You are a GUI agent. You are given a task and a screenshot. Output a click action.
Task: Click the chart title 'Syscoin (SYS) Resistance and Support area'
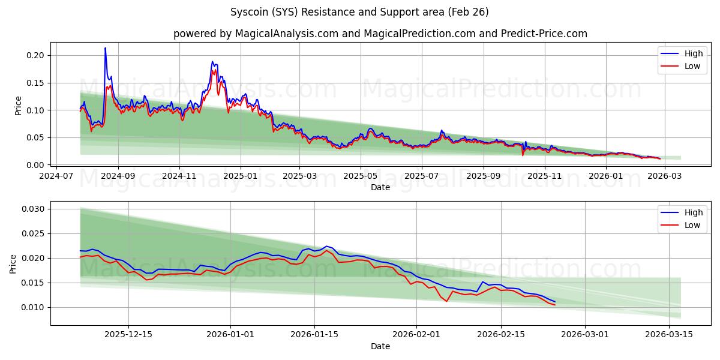pos(359,12)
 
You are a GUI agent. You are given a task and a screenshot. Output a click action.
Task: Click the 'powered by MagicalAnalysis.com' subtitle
pos(380,34)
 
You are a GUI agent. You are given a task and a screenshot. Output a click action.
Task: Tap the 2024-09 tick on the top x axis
pos(118,176)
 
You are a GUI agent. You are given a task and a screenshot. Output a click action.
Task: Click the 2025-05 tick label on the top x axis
pos(361,176)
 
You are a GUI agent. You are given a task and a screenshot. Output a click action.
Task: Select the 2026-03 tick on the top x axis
pos(663,176)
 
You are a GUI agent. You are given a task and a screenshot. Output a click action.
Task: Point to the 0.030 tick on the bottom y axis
pos(33,209)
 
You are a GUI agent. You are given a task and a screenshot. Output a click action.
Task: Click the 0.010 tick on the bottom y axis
pos(33,307)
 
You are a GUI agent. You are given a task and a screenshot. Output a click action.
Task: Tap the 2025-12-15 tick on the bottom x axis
pos(128,335)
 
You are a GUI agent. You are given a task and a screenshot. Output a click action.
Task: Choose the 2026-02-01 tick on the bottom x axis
pos(417,335)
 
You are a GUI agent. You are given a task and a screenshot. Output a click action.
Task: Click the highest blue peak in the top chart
pos(105,48)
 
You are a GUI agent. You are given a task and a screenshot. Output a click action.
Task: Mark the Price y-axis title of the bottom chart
pos(13,264)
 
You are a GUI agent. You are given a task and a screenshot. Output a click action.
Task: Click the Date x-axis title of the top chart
pos(380,187)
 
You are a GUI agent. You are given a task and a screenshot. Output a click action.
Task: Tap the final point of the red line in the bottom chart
pos(555,305)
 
